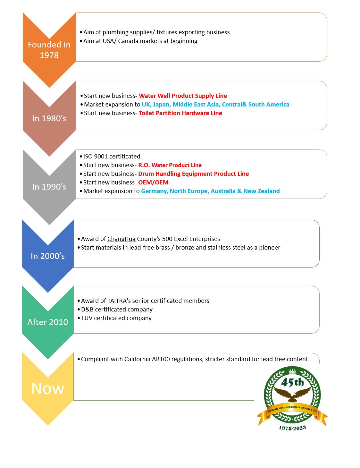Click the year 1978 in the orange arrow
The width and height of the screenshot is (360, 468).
(x=49, y=55)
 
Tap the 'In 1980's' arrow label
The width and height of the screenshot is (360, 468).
(x=49, y=118)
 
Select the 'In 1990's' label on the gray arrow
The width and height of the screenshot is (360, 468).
(x=49, y=187)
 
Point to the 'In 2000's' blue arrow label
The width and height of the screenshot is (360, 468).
(x=48, y=256)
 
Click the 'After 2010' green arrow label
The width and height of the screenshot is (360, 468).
(x=48, y=322)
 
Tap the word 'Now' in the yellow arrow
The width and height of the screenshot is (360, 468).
(x=48, y=388)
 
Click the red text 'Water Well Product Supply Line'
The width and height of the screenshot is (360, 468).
(x=183, y=96)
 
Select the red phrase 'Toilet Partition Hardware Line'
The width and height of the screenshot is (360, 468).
(x=180, y=113)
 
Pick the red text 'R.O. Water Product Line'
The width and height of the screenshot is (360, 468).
(x=170, y=165)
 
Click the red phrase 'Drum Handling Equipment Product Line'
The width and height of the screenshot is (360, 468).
(x=193, y=174)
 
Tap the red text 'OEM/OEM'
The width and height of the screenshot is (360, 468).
(x=153, y=183)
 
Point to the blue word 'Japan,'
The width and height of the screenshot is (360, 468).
(x=162, y=105)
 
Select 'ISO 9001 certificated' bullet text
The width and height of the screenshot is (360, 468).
(x=112, y=157)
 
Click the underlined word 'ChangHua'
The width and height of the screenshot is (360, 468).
(x=121, y=239)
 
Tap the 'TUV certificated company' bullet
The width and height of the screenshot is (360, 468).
(x=116, y=318)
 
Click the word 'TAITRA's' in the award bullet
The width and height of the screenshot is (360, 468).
(x=119, y=301)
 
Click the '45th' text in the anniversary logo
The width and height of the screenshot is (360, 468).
(x=292, y=382)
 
